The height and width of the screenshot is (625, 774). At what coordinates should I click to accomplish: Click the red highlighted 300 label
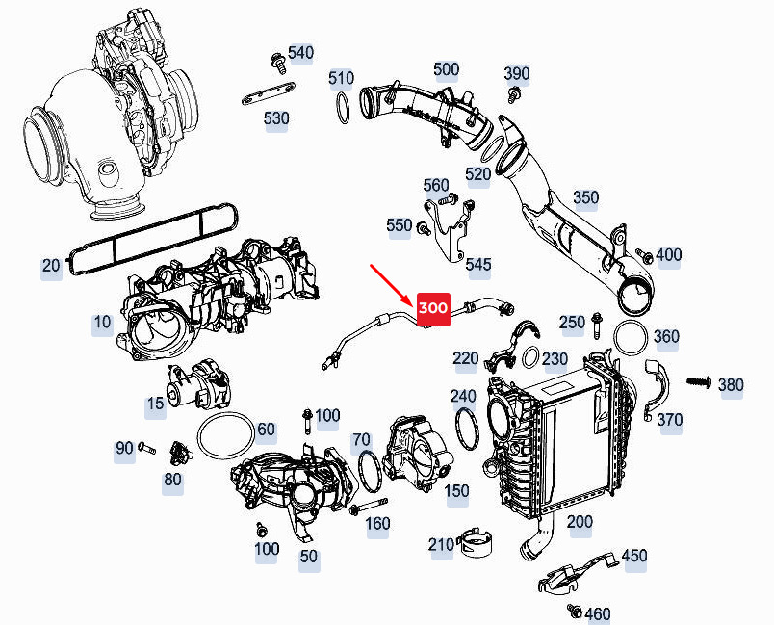point(433,309)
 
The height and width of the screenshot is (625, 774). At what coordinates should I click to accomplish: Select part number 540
point(300,52)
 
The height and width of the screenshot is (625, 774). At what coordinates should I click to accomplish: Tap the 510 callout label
point(342,78)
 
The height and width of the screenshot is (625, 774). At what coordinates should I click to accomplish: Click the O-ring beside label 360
point(631,337)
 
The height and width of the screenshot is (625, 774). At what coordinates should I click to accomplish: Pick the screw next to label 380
point(699,381)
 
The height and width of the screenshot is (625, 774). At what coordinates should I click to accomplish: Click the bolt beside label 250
point(596,325)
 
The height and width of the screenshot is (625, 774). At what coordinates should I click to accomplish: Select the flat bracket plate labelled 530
point(269,93)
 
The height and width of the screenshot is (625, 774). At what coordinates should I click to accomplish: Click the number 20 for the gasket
point(51,266)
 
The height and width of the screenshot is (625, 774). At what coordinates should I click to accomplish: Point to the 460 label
point(598,614)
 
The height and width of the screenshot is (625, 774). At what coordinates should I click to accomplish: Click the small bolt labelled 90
point(147,448)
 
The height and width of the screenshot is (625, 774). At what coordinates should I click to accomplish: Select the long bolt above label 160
point(369,506)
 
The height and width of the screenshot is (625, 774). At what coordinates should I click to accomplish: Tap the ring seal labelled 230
point(530,357)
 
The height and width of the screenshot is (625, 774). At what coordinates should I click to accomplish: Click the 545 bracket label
point(478,264)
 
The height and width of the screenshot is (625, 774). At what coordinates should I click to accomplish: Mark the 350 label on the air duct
point(586,197)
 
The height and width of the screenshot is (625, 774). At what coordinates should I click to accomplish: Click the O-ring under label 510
point(343,108)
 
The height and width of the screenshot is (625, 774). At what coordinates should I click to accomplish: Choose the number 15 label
point(156,404)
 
